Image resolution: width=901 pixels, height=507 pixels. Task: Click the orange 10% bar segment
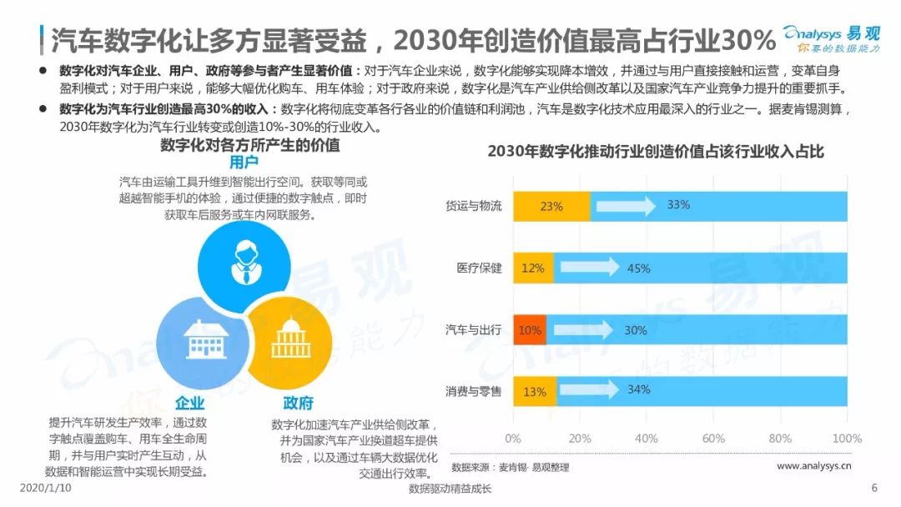[529, 330]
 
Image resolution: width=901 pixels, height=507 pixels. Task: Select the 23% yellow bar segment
[551, 206]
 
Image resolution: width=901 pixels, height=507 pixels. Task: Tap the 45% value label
[638, 269]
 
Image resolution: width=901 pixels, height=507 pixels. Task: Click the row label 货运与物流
[474, 206]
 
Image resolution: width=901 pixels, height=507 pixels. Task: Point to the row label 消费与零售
[474, 392]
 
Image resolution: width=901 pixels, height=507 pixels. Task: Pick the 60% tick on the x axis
[713, 439]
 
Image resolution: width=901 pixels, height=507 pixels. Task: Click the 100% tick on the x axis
[847, 439]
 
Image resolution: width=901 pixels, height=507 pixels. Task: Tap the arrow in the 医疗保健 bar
[590, 267]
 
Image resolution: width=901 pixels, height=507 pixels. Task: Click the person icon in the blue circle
[244, 263]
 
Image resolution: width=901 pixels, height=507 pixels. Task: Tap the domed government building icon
[291, 339]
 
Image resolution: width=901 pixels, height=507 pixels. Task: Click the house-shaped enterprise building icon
[205, 339]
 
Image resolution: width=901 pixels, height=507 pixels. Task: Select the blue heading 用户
[244, 162]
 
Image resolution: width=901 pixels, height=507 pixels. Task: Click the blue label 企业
[190, 403]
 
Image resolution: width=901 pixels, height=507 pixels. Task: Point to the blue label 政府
[298, 403]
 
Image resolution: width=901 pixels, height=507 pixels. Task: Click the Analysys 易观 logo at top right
[832, 38]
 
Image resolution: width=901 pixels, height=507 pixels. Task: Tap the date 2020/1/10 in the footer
[45, 488]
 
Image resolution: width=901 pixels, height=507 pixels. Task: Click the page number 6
[874, 488]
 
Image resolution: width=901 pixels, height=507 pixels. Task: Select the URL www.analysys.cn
[814, 465]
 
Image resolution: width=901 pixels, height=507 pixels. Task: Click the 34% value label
[638, 389]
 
